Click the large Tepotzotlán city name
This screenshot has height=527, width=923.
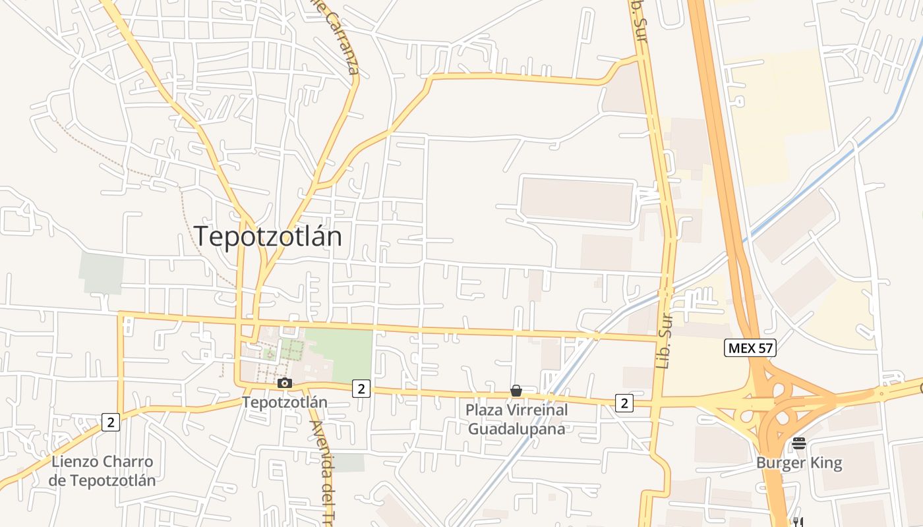(x=268, y=236)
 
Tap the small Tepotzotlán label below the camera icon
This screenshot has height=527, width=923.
(x=284, y=401)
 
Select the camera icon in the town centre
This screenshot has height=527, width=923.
(x=285, y=383)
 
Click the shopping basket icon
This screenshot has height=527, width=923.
(x=516, y=391)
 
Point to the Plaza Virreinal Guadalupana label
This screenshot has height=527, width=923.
(x=516, y=419)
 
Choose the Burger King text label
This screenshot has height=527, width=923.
(x=799, y=463)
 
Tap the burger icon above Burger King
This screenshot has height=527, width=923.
(x=799, y=443)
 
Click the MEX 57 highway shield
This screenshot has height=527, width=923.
(x=750, y=348)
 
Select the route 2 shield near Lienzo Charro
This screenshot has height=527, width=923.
(x=111, y=422)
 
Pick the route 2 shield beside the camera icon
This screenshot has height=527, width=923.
(x=360, y=389)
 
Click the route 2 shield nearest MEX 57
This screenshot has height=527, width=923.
(x=624, y=403)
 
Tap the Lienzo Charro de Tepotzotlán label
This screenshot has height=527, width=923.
(x=102, y=470)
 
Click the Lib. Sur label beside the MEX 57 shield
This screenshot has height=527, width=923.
(x=664, y=339)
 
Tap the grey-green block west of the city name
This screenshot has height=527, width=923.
(x=102, y=273)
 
